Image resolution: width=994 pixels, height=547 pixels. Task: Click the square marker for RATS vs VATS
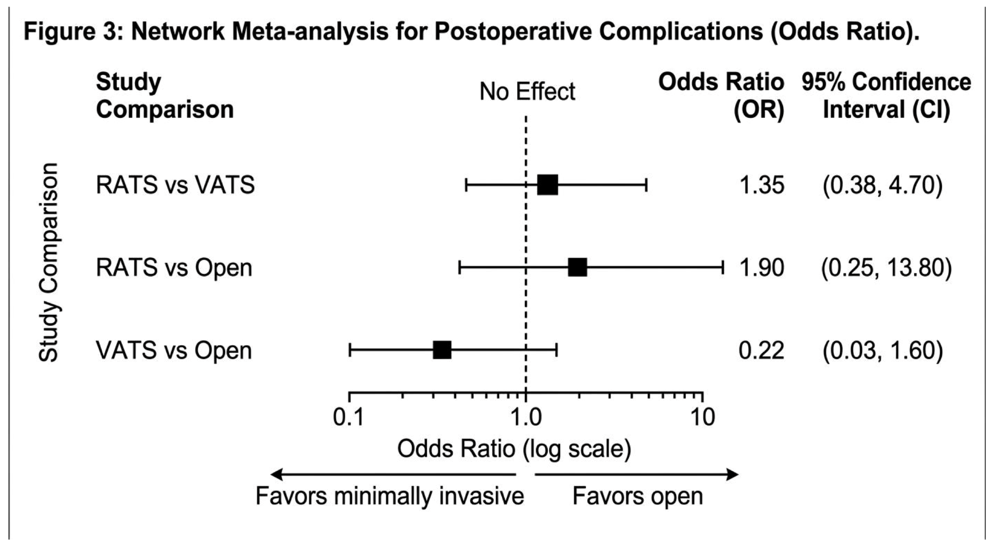(x=547, y=185)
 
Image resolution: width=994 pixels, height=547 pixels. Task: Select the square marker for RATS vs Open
(x=577, y=267)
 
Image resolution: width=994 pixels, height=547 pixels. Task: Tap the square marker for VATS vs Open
(x=442, y=350)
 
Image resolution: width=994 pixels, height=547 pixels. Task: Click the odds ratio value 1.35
(x=762, y=185)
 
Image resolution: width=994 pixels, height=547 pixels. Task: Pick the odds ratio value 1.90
(x=762, y=268)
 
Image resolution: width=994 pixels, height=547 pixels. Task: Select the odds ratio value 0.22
(x=761, y=351)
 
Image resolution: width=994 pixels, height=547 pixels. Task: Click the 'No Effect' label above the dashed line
(x=527, y=92)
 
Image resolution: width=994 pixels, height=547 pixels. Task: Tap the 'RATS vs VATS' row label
(x=175, y=185)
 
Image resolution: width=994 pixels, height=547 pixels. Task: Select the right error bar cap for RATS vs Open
(x=722, y=267)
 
